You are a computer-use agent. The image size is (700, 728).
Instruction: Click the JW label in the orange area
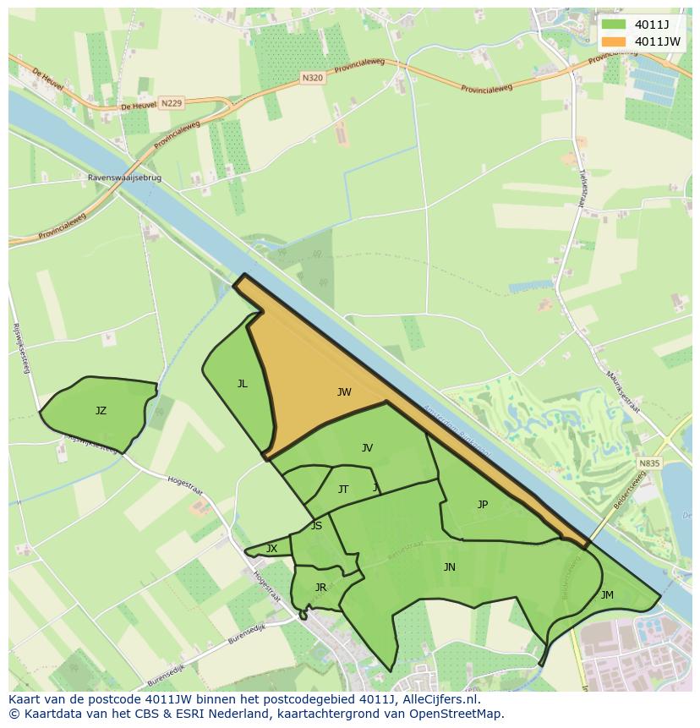pyautogui.click(x=344, y=391)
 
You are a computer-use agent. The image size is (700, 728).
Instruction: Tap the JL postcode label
pyautogui.click(x=243, y=384)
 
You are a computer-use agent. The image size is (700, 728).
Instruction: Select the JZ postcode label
pyautogui.click(x=101, y=411)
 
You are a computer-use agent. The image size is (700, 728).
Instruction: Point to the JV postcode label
pyautogui.click(x=367, y=448)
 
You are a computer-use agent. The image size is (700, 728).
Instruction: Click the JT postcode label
pyautogui.click(x=343, y=489)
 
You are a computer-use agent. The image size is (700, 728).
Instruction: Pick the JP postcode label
pyautogui.click(x=483, y=505)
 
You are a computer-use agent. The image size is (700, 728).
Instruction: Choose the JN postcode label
pyautogui.click(x=450, y=567)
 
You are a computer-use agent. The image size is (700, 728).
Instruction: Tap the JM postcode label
pyautogui.click(x=607, y=594)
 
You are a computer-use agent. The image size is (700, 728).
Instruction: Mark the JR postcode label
pyautogui.click(x=320, y=587)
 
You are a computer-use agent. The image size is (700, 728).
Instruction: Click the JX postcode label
pyautogui.click(x=271, y=549)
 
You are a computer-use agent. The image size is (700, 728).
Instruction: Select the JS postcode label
pyautogui.click(x=316, y=525)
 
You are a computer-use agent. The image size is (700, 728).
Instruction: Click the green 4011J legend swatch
pyautogui.click(x=615, y=24)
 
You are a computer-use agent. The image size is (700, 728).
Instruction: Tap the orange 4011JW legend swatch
pyautogui.click(x=615, y=41)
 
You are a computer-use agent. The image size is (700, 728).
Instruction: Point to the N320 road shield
pyautogui.click(x=312, y=77)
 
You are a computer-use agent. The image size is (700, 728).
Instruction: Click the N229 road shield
pyautogui.click(x=171, y=103)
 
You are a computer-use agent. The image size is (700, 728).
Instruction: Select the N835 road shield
pyautogui.click(x=649, y=463)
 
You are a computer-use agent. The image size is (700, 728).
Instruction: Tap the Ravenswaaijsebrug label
pyautogui.click(x=124, y=178)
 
